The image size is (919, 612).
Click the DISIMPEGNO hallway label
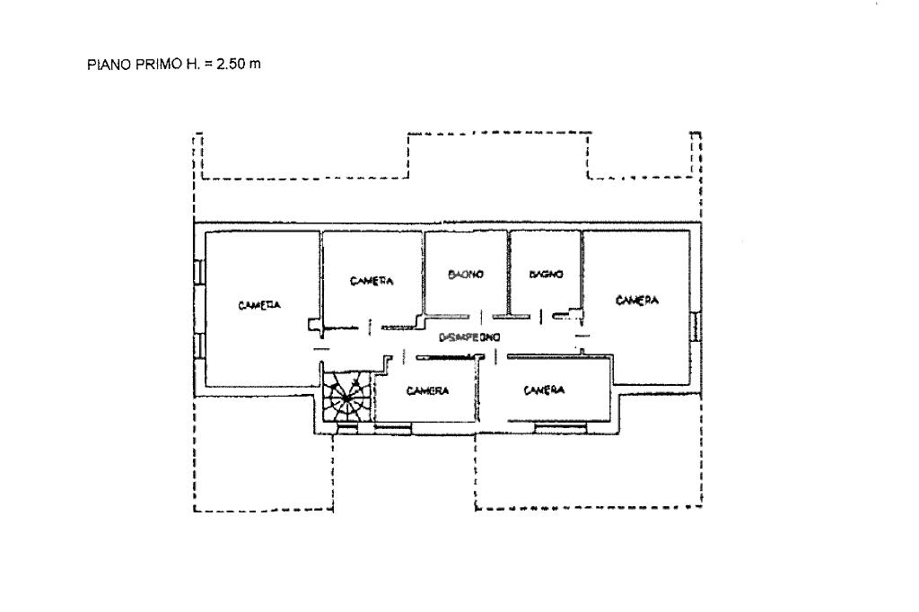[x=468, y=337]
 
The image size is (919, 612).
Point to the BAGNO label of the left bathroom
[x=466, y=275]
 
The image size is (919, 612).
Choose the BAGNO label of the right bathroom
[x=545, y=275]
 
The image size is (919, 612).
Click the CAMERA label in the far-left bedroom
[x=259, y=305]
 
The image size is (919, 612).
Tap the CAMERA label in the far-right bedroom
[x=637, y=301]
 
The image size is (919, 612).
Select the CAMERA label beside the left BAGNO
[x=372, y=281]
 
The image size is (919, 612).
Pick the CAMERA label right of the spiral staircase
[x=427, y=390]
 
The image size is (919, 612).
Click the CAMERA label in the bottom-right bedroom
[x=545, y=390]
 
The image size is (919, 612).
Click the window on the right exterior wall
[x=696, y=328]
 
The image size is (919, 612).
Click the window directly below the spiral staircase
[x=346, y=430]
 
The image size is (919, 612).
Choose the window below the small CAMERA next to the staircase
[x=394, y=430]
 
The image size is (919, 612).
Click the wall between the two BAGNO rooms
[x=508, y=274]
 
